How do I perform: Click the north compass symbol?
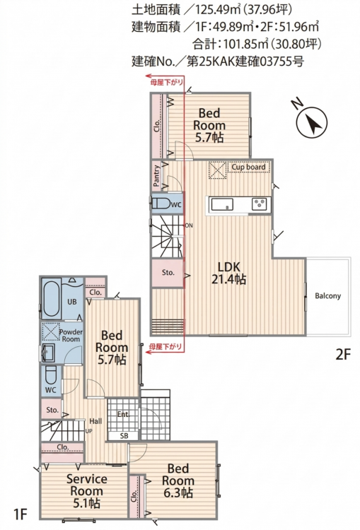(312, 122)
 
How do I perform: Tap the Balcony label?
(327, 296)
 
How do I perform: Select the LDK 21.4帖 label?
(228, 273)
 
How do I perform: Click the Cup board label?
(248, 167)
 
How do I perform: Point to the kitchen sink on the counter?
(222, 204)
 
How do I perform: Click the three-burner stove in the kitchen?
(259, 204)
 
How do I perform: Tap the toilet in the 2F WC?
(161, 204)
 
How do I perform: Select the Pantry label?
(156, 176)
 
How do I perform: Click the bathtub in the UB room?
(52, 298)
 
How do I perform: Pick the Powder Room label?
(71, 335)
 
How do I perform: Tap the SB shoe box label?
(124, 436)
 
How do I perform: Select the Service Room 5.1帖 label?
(86, 491)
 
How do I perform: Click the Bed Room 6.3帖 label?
(178, 481)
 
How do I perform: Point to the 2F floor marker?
(343, 355)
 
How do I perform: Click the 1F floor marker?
(20, 514)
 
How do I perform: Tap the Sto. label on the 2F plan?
(168, 273)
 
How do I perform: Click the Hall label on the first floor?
(95, 421)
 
